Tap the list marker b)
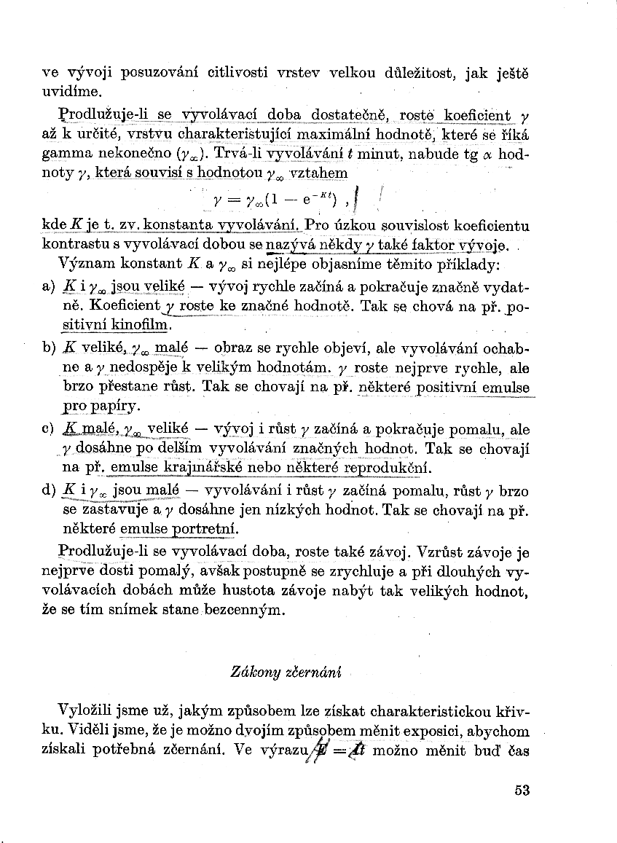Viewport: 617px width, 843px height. tap(49, 348)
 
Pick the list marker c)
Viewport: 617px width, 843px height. tap(49, 429)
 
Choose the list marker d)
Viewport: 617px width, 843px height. tap(49, 490)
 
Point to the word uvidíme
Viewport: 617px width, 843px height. tap(69, 93)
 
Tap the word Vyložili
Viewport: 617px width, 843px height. tap(85, 711)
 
